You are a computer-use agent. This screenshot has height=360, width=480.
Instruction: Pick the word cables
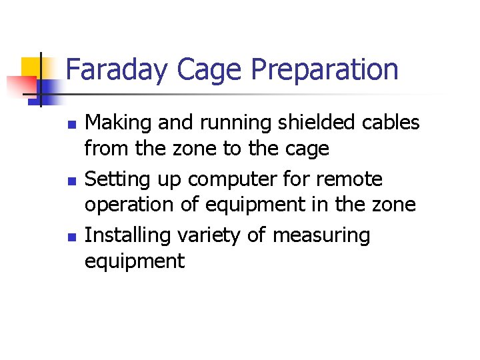[392, 123]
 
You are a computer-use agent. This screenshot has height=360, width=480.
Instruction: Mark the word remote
[358, 180]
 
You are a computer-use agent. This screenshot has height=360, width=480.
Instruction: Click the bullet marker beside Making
[71, 124]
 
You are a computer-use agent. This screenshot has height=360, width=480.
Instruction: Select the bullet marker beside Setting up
[71, 181]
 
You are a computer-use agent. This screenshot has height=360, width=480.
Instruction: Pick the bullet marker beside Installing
[71, 237]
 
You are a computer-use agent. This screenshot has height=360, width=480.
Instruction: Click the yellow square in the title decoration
[31, 68]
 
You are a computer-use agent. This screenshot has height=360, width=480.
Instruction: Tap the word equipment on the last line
[134, 261]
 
